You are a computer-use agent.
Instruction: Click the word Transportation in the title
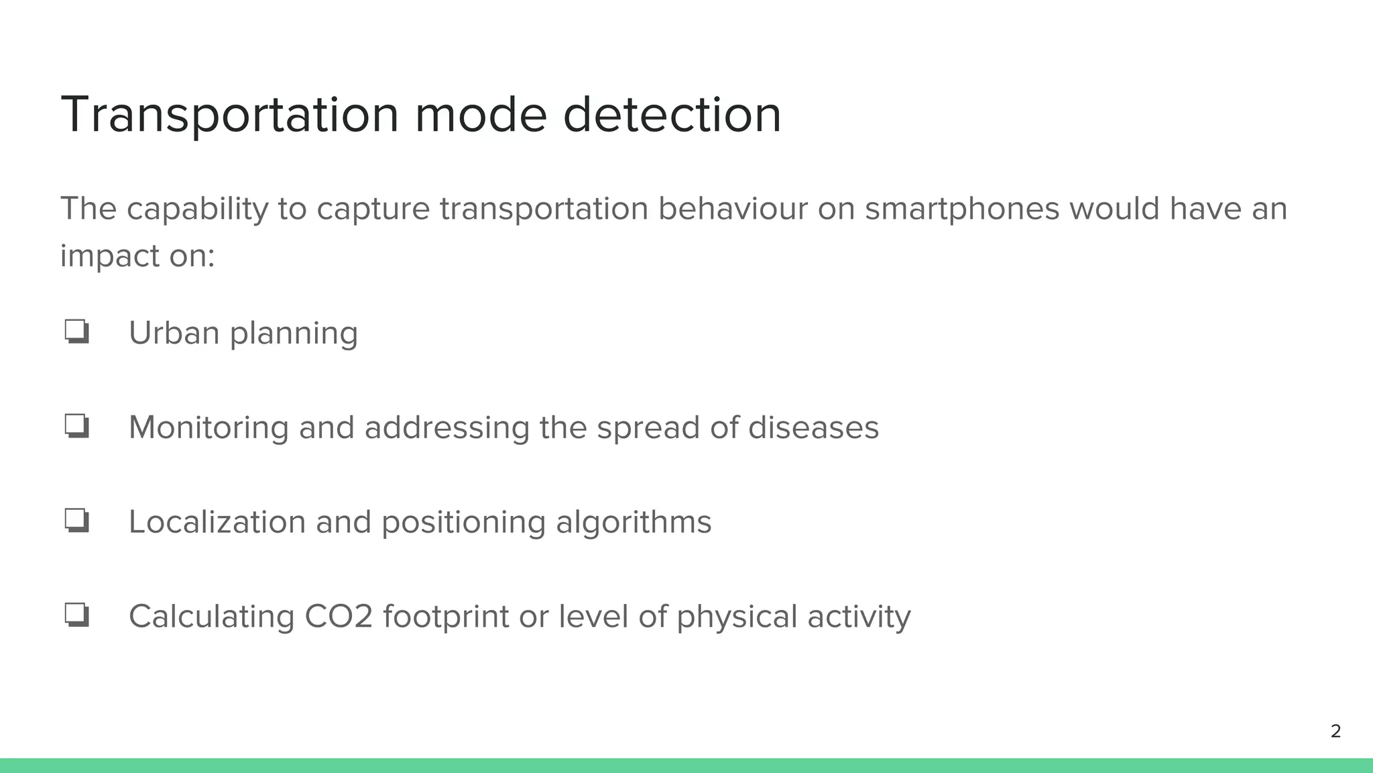(x=229, y=115)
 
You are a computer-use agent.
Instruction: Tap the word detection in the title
(x=672, y=115)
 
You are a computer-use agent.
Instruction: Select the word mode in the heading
(x=481, y=115)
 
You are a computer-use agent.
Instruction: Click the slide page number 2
(x=1335, y=731)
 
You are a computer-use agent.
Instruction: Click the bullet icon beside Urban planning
(x=77, y=331)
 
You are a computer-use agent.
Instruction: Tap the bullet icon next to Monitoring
(x=77, y=426)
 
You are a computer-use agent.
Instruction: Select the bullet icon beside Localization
(x=77, y=521)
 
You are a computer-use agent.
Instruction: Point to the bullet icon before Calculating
(x=77, y=615)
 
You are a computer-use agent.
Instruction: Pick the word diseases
(x=813, y=427)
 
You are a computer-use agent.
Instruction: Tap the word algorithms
(x=634, y=522)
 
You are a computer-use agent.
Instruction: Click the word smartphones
(x=962, y=209)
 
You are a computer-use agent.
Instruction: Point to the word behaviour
(x=733, y=209)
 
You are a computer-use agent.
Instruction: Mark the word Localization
(x=217, y=522)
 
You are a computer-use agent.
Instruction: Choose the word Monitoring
(x=208, y=427)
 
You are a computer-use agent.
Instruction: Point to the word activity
(x=859, y=617)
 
